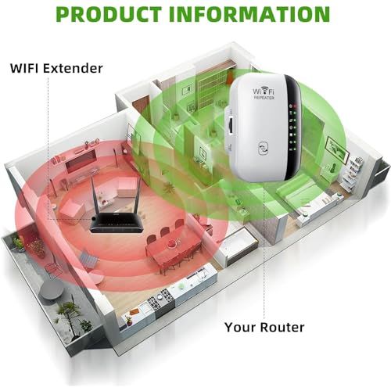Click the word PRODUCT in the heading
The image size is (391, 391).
(109, 14)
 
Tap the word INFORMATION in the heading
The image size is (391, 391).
(249, 14)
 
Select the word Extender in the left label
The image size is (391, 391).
(73, 68)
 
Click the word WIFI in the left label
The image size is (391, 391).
(25, 68)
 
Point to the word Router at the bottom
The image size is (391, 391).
(282, 328)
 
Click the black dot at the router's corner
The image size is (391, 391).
(94, 219)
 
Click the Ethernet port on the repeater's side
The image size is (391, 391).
(230, 126)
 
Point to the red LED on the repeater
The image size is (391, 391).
(296, 106)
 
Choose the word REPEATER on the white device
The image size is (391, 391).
(264, 98)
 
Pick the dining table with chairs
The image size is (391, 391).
(172, 249)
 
